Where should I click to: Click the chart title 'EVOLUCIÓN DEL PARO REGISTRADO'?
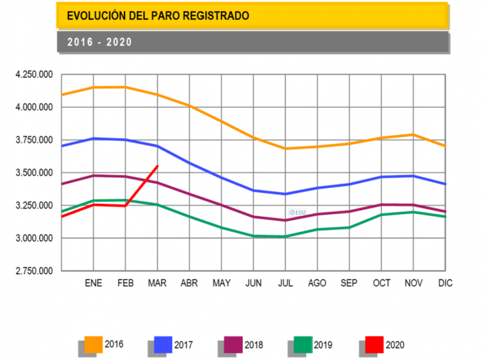(x=158, y=14)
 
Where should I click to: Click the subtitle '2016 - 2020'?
(x=99, y=42)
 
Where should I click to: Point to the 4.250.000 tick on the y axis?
(x=34, y=74)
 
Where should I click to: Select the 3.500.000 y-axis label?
(x=34, y=173)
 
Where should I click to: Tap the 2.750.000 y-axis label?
(x=34, y=271)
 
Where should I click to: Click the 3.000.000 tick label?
(x=34, y=238)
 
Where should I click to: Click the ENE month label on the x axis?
(x=93, y=283)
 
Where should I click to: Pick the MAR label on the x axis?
(x=158, y=283)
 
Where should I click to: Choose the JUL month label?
(x=285, y=283)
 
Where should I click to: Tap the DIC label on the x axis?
(x=445, y=283)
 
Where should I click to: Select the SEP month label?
(x=349, y=283)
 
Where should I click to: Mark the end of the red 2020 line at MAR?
(x=158, y=166)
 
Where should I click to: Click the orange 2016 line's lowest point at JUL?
(x=285, y=149)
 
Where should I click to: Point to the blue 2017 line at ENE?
(x=93, y=138)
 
